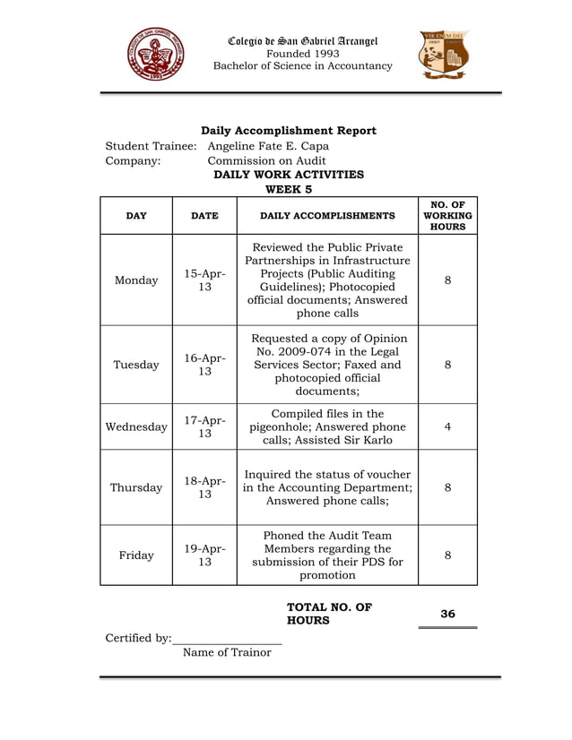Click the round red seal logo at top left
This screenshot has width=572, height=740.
pyautogui.click(x=156, y=55)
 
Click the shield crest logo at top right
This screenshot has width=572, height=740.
pyautogui.click(x=445, y=55)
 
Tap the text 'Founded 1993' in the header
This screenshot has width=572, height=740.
pyautogui.click(x=302, y=53)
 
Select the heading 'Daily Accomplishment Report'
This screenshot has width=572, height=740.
pyautogui.click(x=288, y=131)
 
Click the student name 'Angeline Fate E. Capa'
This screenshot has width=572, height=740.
pyautogui.click(x=268, y=146)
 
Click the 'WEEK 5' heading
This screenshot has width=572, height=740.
pyautogui.click(x=289, y=189)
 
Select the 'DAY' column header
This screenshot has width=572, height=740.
pyautogui.click(x=136, y=216)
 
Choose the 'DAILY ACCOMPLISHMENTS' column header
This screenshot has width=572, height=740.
pyautogui.click(x=327, y=216)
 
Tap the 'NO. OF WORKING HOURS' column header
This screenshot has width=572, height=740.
pyautogui.click(x=447, y=216)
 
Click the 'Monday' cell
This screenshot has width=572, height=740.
pyautogui.click(x=136, y=280)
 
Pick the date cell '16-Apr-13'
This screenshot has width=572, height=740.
pyautogui.click(x=204, y=365)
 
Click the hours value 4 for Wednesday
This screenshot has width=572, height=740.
pyautogui.click(x=447, y=427)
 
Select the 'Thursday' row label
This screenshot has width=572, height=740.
pyautogui.click(x=136, y=488)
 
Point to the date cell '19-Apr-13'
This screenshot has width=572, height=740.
pyautogui.click(x=204, y=555)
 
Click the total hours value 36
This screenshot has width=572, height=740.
pyautogui.click(x=447, y=614)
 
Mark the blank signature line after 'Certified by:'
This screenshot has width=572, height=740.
pyautogui.click(x=228, y=639)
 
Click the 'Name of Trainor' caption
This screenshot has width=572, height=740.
pyautogui.click(x=226, y=652)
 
